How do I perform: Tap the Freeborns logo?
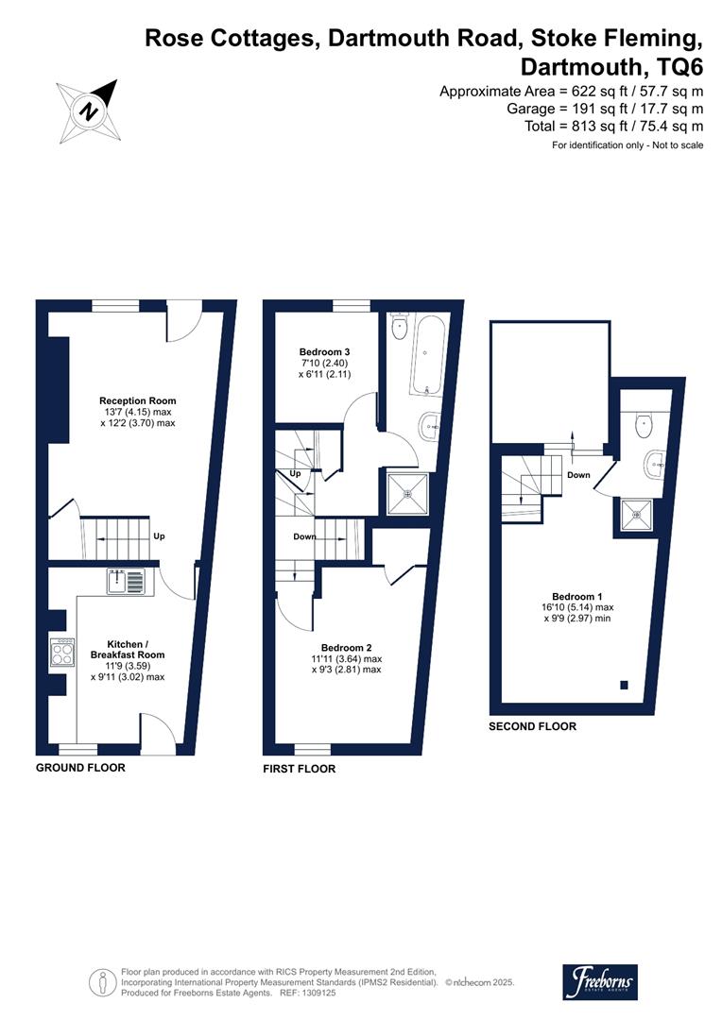(600, 982)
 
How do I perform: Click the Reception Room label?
(138, 400)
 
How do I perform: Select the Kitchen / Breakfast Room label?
(128, 648)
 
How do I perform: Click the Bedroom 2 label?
(346, 648)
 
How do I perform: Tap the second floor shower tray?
(637, 515)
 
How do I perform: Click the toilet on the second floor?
(645, 422)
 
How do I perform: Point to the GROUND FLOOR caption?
(80, 768)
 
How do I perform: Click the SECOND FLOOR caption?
(532, 726)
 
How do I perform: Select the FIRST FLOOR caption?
(299, 770)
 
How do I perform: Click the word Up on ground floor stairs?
(160, 536)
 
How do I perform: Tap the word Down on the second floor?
(579, 475)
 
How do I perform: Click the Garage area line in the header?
(605, 109)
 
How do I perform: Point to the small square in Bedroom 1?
(625, 684)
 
